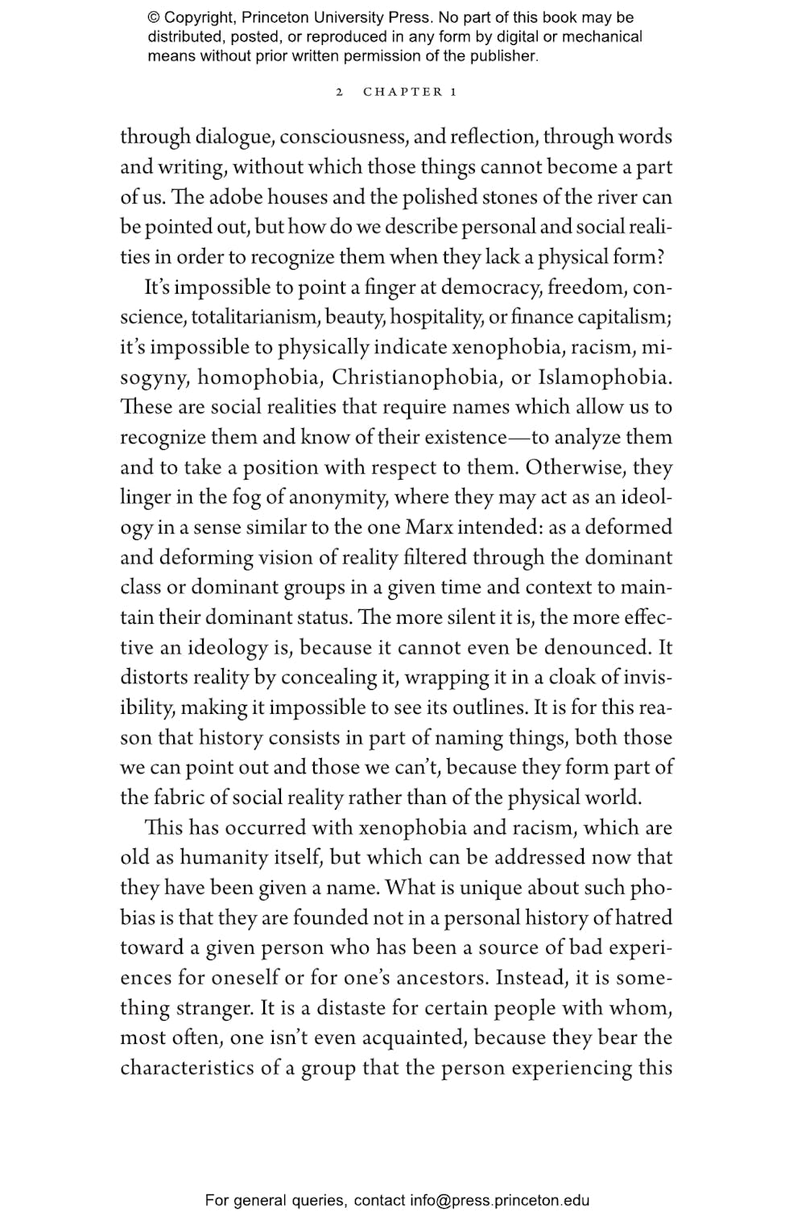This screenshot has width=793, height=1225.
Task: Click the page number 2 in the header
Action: click(x=340, y=92)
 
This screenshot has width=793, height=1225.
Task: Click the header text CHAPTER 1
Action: click(x=410, y=92)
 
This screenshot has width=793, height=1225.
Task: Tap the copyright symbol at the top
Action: click(x=154, y=18)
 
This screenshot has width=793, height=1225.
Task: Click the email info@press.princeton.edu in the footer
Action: click(x=499, y=1200)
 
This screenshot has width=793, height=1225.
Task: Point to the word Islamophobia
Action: click(x=604, y=377)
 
